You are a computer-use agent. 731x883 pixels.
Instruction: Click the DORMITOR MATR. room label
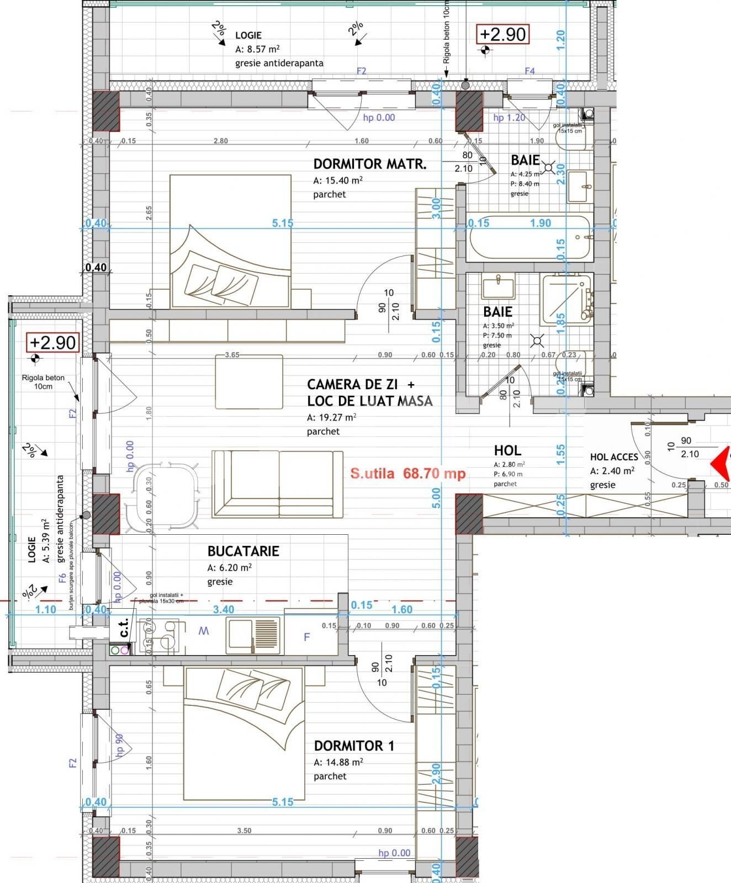point(369,164)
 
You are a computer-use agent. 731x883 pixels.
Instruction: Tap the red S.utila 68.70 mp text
point(408,474)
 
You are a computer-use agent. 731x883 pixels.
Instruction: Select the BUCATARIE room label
point(243,551)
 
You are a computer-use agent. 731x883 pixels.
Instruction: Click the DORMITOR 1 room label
point(354,746)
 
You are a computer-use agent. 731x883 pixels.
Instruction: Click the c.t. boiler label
point(124,628)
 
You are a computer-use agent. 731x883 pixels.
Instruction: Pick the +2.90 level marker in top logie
point(502,34)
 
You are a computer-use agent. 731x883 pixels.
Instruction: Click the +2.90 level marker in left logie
point(52,342)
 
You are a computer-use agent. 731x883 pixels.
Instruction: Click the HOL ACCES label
point(613,457)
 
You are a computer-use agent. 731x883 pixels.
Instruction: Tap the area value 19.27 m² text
point(331,417)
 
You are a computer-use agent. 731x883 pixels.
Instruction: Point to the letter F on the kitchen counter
point(307,637)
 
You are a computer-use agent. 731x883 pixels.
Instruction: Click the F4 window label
point(529,71)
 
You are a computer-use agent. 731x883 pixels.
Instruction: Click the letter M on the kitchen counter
point(204,631)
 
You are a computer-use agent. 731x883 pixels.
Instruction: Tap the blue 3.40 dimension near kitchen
point(223,609)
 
